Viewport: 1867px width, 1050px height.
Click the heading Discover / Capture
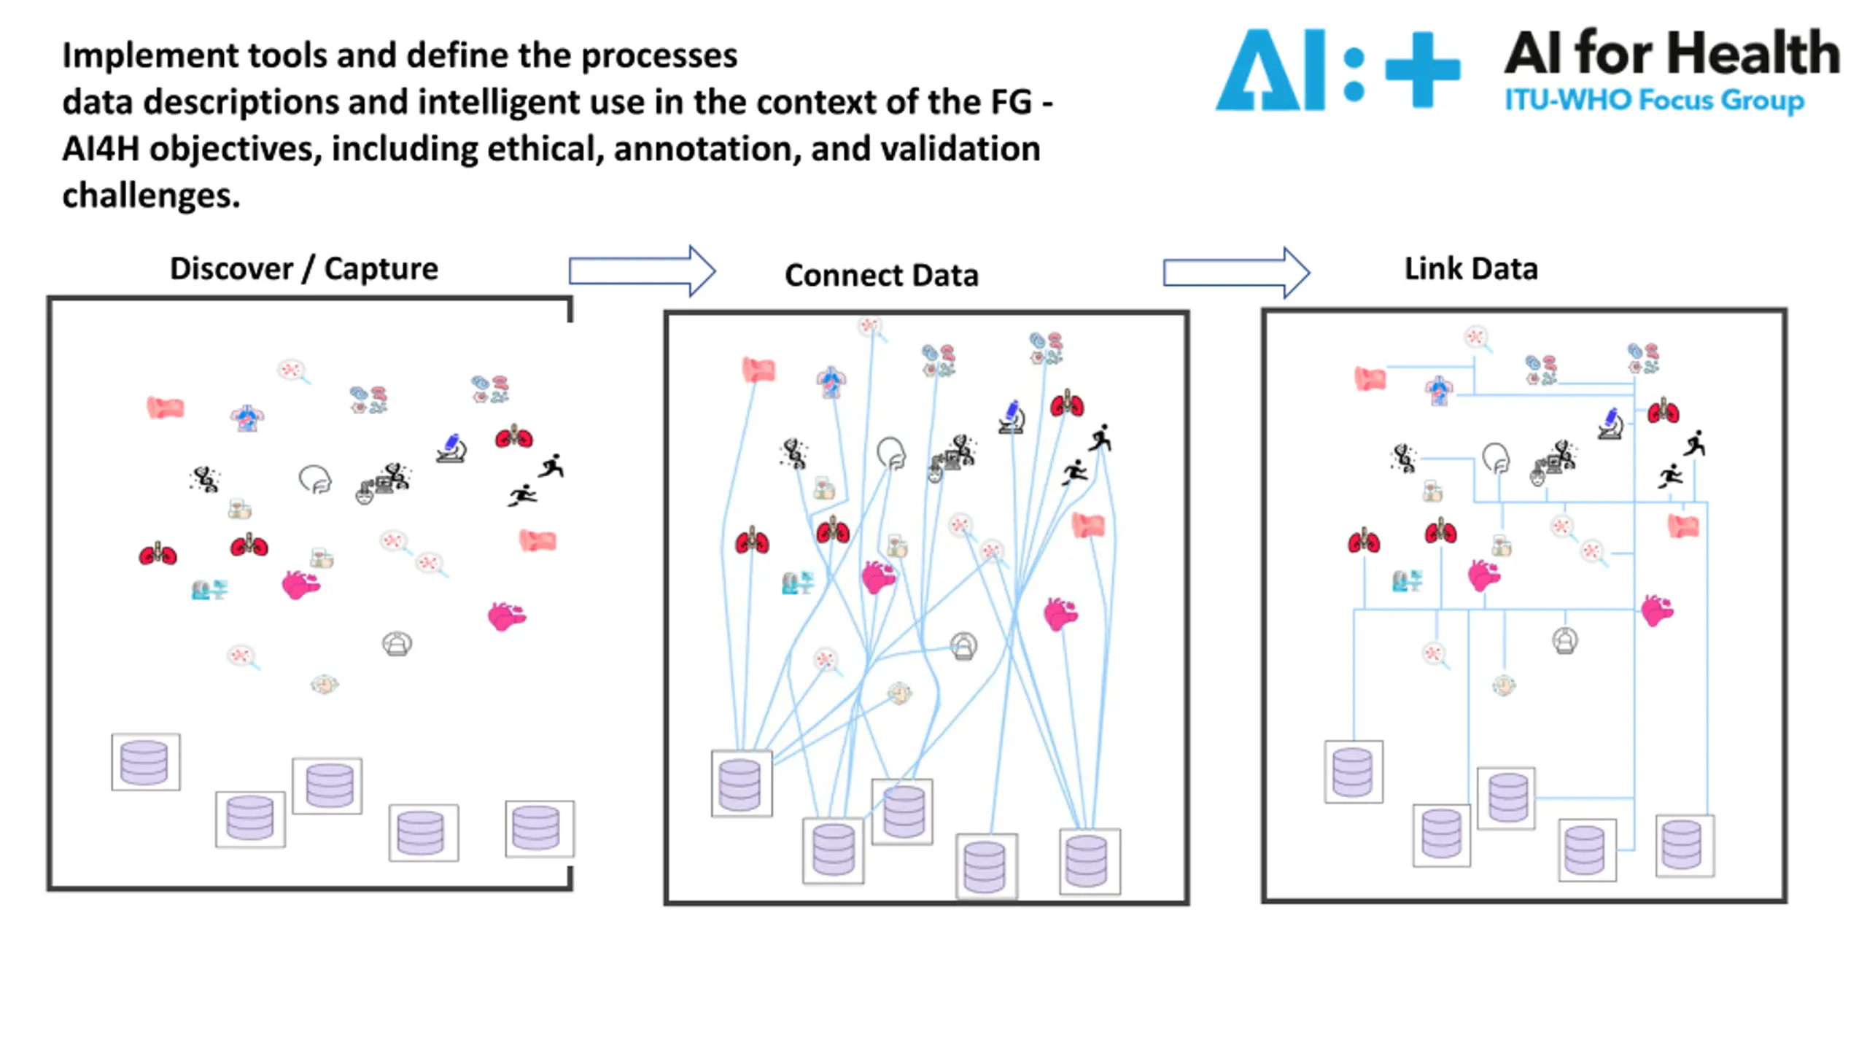[x=304, y=269]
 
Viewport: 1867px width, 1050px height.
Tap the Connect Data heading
[x=881, y=275]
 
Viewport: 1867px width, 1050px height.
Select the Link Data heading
[x=1471, y=268]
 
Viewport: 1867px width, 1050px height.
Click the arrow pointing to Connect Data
[x=642, y=271]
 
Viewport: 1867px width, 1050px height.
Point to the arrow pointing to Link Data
[x=1236, y=273]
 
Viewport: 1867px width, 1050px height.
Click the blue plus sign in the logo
[x=1422, y=69]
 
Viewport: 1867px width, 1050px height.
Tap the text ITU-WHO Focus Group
[x=1654, y=101]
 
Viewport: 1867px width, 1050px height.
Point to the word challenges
[x=151, y=195]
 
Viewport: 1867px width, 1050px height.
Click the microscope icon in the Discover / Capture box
[x=451, y=448]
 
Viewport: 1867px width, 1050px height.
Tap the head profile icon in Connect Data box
[x=891, y=453]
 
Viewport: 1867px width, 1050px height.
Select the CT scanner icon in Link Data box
[x=1564, y=641]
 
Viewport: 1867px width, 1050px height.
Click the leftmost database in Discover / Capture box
[x=146, y=762]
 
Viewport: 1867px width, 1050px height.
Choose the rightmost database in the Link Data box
[x=1685, y=845]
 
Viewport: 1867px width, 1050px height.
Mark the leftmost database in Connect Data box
[x=742, y=783]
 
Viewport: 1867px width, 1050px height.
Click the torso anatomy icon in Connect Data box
[x=831, y=382]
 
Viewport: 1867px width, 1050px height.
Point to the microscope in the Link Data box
[x=1610, y=424]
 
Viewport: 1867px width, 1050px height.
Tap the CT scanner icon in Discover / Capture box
[x=397, y=644]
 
